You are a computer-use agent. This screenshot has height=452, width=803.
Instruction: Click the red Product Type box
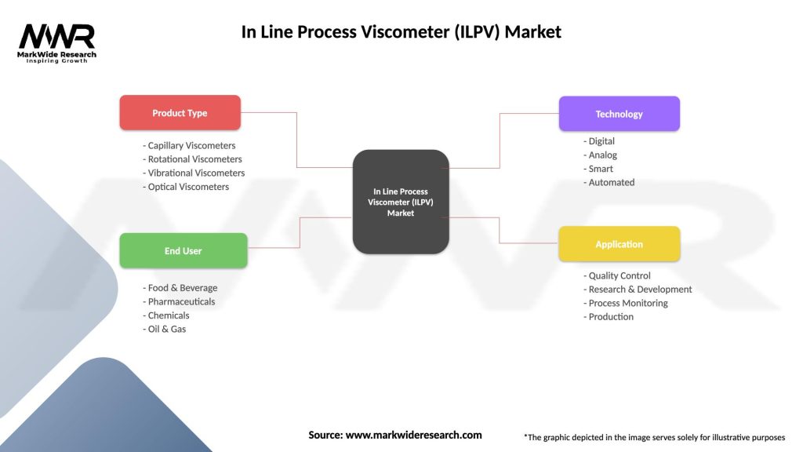(180, 113)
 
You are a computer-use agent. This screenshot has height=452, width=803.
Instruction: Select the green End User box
(183, 251)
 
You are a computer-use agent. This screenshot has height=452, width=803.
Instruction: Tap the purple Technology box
(619, 114)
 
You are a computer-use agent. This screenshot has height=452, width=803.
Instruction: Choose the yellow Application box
(619, 244)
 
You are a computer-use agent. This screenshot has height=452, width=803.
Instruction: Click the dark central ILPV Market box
(401, 202)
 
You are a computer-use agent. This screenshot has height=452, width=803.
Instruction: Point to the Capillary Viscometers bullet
(189, 145)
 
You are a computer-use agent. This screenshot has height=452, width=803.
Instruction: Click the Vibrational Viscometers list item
(194, 173)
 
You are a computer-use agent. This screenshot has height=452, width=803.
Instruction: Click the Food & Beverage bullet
(180, 288)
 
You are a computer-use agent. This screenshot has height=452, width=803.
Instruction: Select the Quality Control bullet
(617, 275)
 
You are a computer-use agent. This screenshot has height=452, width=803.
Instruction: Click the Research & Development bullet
(638, 289)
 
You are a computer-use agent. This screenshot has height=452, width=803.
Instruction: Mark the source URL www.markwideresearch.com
(413, 435)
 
